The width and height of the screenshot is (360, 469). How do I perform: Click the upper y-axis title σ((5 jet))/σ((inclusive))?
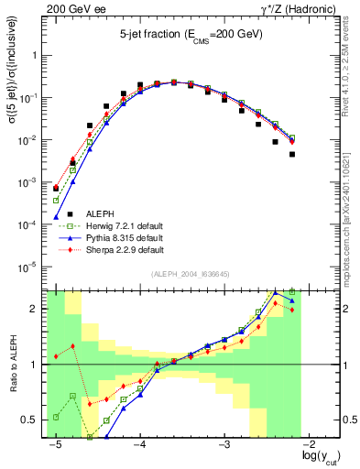(14, 86)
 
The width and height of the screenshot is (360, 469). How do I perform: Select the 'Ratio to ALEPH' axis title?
(14, 365)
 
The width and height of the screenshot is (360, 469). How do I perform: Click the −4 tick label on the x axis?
(139, 445)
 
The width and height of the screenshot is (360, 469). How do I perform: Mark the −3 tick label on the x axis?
(224, 445)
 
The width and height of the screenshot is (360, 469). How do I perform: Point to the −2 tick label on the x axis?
(310, 445)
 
